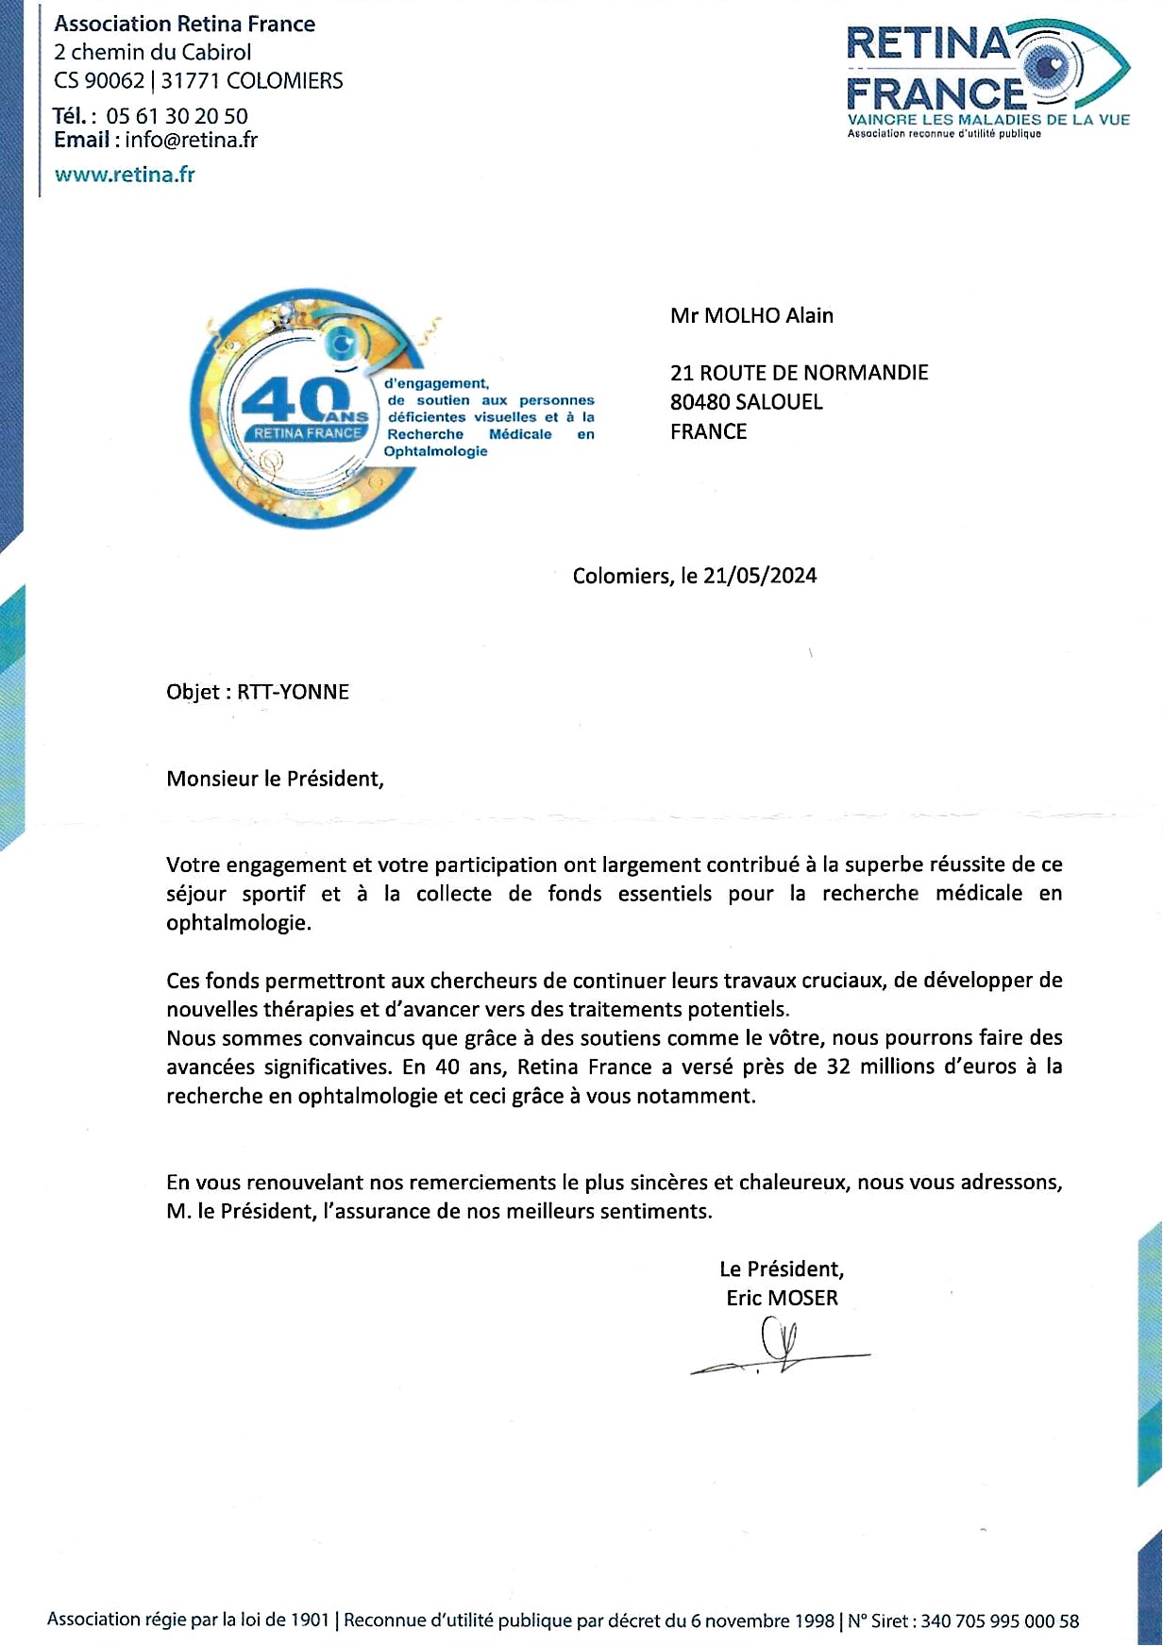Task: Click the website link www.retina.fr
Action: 125,175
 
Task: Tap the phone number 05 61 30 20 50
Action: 177,116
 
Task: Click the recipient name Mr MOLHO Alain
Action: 751,316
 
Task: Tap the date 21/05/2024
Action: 760,576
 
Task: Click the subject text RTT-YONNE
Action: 293,692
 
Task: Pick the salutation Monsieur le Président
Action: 275,779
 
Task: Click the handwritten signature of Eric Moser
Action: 780,1351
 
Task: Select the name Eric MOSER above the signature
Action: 782,1299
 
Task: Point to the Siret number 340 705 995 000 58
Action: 999,1621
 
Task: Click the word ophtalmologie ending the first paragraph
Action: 238,922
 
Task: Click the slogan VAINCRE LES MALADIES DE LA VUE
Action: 987,120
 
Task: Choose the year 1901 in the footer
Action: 310,1621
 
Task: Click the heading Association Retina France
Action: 185,25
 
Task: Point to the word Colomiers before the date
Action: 623,576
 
